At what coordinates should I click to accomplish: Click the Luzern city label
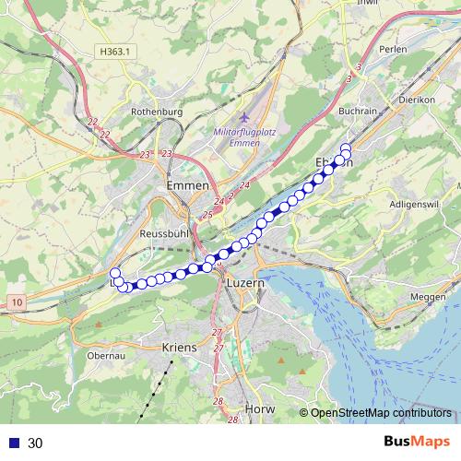[x=244, y=284]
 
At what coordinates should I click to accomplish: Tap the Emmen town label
[x=188, y=185]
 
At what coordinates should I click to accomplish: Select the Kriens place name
[x=180, y=348]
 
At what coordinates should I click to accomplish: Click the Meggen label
[x=426, y=296]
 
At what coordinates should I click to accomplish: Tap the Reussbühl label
[x=162, y=233]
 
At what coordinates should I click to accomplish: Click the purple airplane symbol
[x=243, y=118]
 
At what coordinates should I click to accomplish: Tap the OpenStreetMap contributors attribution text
[x=381, y=413]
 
